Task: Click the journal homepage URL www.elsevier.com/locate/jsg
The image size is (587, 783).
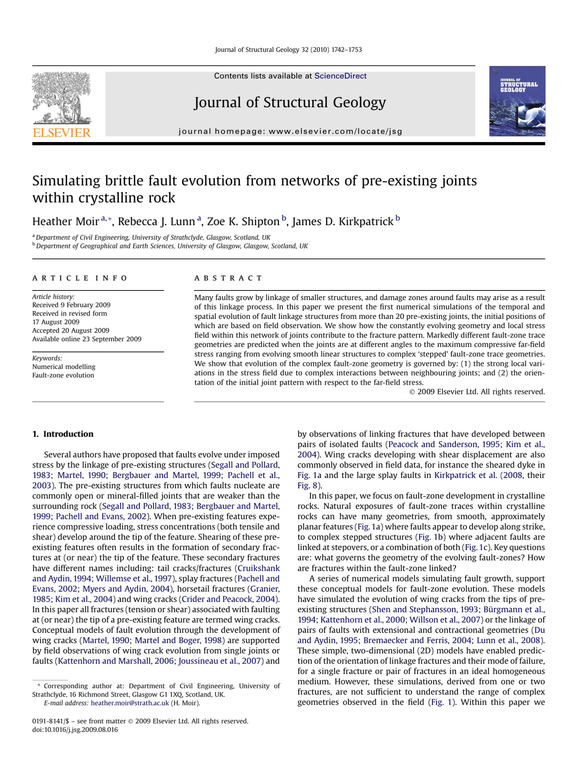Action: pos(335,131)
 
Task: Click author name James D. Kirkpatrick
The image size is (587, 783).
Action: pos(343,221)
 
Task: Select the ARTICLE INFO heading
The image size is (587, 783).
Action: pos(80,278)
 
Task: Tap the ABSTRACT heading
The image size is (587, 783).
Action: pos(228,278)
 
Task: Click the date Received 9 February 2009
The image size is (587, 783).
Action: pos(71,305)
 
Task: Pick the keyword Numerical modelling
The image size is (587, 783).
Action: pos(64,367)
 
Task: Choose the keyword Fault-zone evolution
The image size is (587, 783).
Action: pos(63,375)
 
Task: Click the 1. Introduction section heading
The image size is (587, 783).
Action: pos(63,434)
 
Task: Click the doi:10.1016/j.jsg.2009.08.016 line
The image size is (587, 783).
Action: pos(75,730)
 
